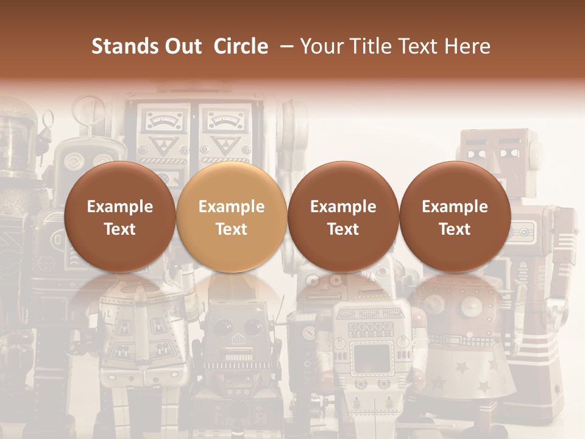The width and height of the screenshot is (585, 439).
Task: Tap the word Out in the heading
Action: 182,46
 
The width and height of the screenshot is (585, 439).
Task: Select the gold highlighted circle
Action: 231,216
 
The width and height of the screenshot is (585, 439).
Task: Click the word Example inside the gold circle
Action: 231,207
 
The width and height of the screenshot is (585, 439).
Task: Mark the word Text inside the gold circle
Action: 231,229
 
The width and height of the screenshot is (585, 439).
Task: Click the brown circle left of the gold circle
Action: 119,216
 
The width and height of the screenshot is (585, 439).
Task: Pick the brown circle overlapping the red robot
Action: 455,216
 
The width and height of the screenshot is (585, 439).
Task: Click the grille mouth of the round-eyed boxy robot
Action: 235,354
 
